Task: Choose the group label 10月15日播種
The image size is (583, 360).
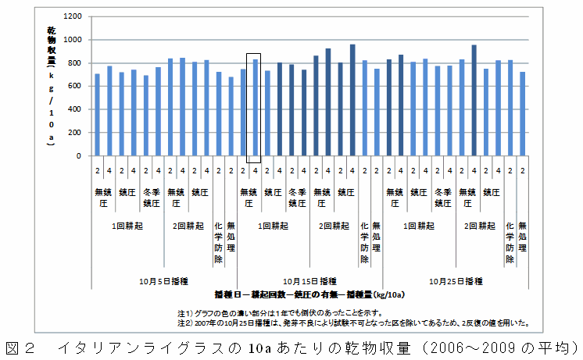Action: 309,280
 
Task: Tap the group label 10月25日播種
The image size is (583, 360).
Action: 456,280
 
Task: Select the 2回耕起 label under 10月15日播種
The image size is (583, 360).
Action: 334,226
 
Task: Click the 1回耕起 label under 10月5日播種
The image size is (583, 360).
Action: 127,226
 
